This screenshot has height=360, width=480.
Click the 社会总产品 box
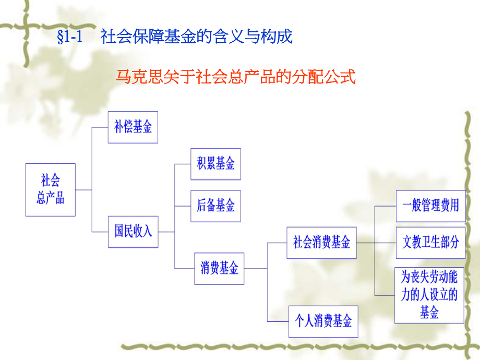coord(50,189)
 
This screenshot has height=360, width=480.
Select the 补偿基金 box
coord(133,127)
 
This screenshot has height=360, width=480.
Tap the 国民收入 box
coord(133,231)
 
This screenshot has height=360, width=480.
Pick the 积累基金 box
coord(215,164)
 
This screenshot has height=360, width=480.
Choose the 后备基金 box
coord(215,206)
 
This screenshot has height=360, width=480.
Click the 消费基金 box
coord(219,268)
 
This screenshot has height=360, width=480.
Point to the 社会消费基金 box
coord(321,242)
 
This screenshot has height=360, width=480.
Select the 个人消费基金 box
coord(323,320)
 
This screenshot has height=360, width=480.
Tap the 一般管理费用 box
coord(430,206)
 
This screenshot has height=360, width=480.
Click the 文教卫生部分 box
coord(430,242)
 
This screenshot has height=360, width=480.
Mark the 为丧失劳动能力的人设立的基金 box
coord(429,295)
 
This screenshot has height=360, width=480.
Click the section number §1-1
coord(70,38)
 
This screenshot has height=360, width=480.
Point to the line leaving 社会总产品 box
coord(83,189)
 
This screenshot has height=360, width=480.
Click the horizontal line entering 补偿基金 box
coord(100,127)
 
